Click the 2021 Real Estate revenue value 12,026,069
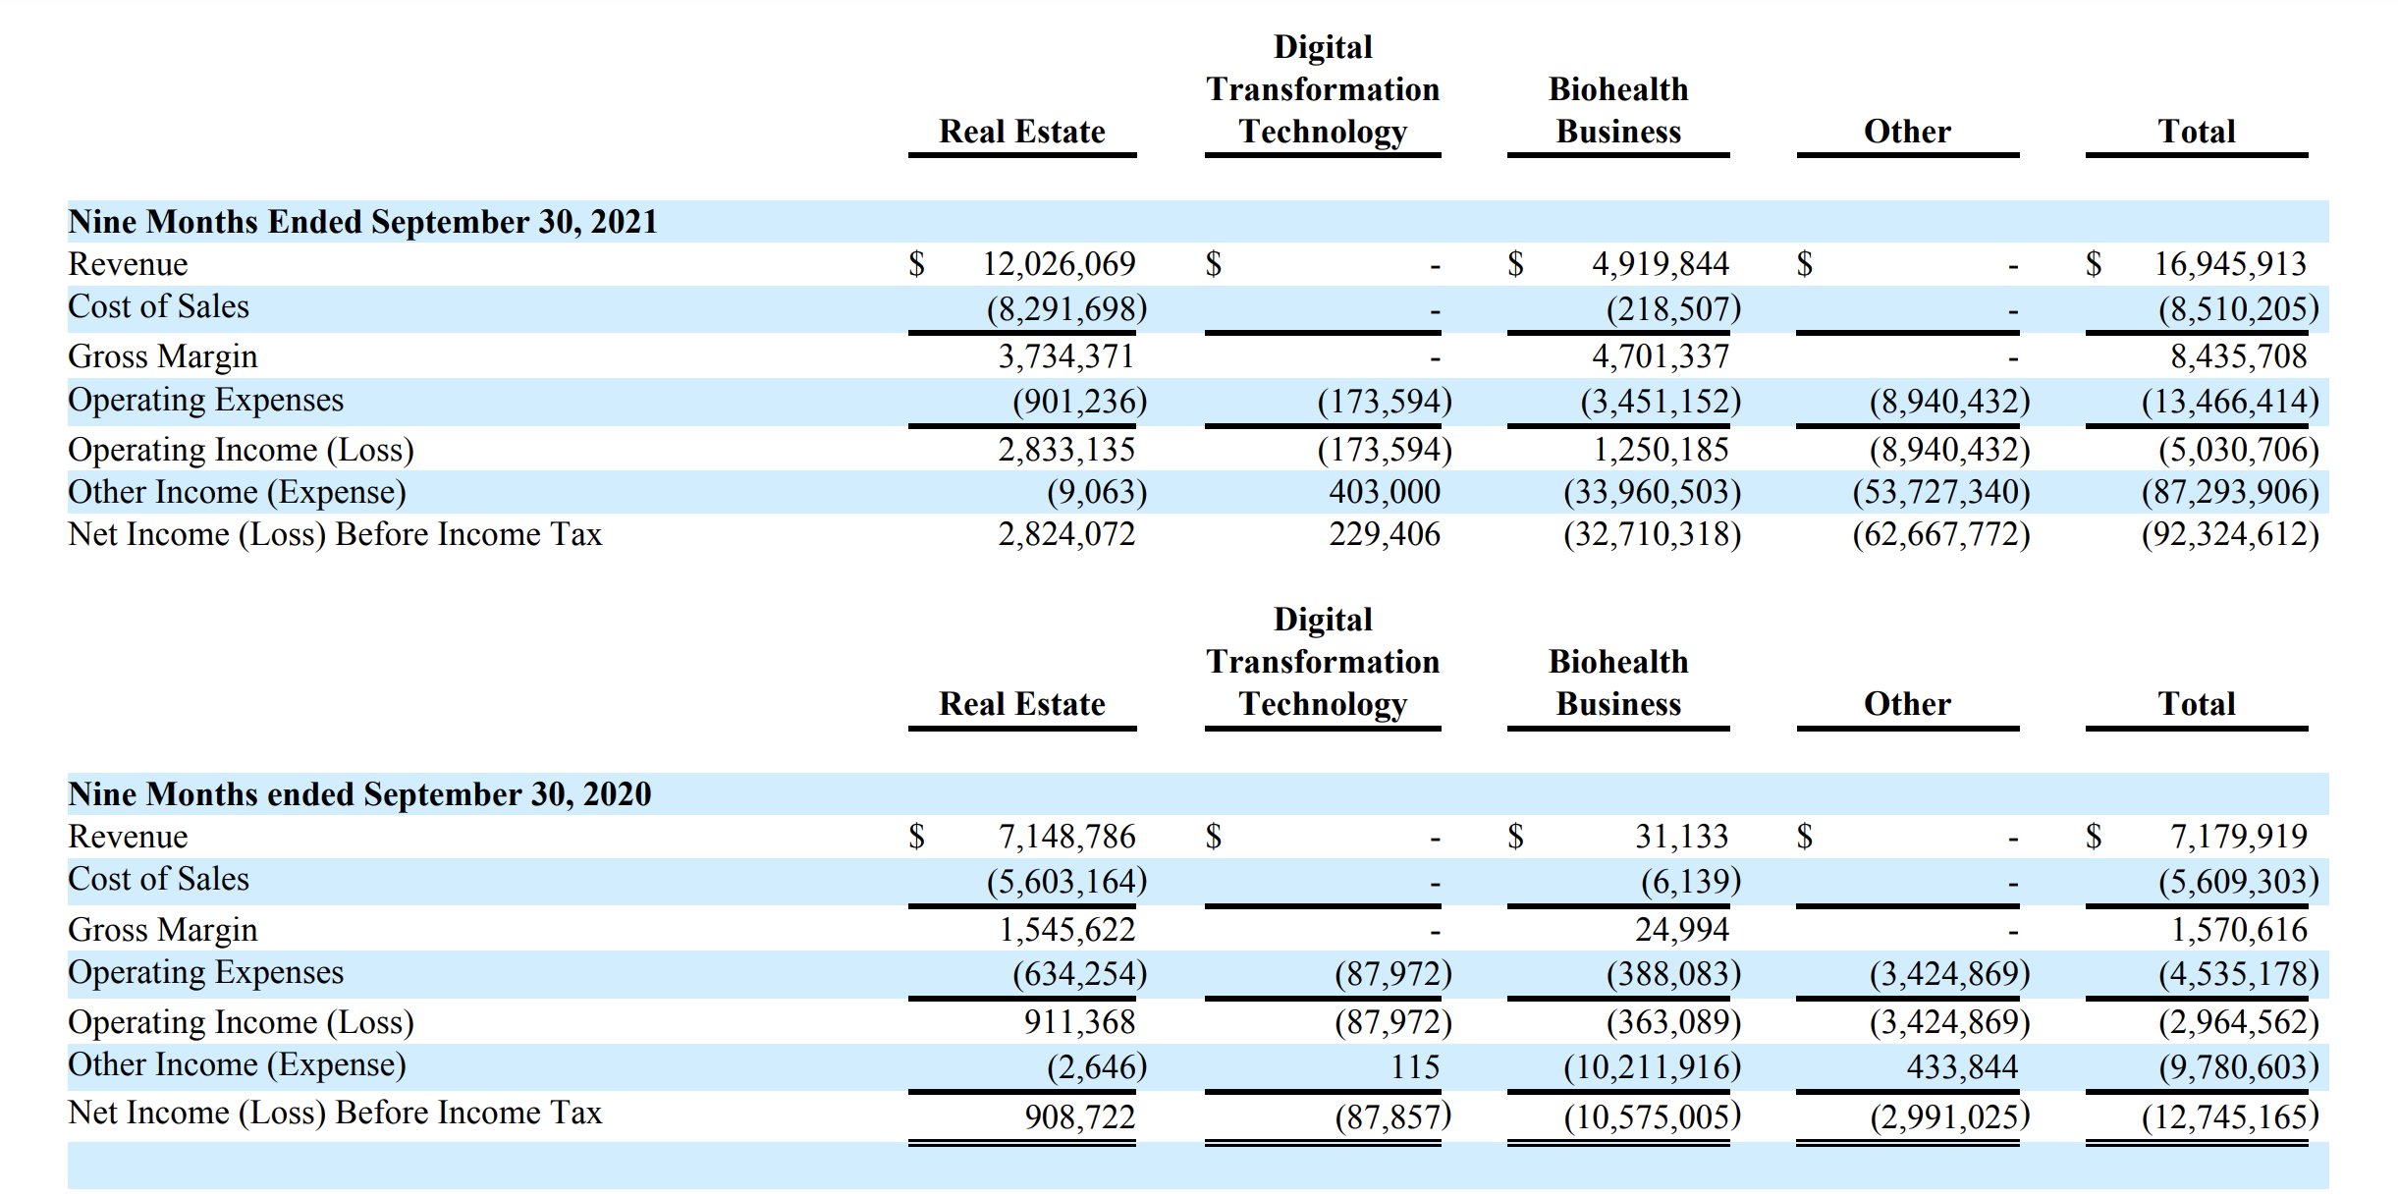click(x=1059, y=264)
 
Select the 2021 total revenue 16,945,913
click(x=2229, y=264)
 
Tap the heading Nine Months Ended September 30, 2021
click(x=362, y=222)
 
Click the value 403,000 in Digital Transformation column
click(x=1384, y=492)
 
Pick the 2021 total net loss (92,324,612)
click(x=2229, y=534)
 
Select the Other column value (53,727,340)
click(x=1940, y=492)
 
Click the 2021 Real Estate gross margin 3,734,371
click(x=1065, y=356)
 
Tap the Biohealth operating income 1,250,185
click(x=1660, y=450)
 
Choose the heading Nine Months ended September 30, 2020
click(x=359, y=794)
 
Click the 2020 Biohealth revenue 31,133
click(x=1681, y=837)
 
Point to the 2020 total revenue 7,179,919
click(x=2238, y=837)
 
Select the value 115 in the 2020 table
click(x=1414, y=1067)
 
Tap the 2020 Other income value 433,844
click(x=1962, y=1067)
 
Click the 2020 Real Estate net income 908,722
click(x=1079, y=1116)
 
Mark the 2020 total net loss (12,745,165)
click(x=2229, y=1116)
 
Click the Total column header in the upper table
click(x=2196, y=132)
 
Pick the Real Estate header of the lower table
click(x=1021, y=704)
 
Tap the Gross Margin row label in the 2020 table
click(x=163, y=930)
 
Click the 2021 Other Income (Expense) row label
click(x=237, y=492)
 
